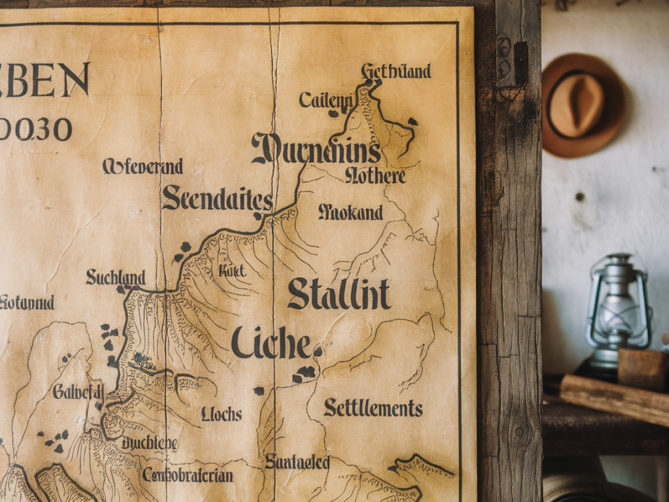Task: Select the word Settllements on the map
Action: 373,409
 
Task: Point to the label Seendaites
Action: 217,197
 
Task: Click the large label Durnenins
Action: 316,150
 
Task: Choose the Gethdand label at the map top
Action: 396,71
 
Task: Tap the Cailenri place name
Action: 326,100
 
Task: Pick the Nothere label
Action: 375,175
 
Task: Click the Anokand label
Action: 350,212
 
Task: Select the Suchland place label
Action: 115,277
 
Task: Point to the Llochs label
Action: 221,414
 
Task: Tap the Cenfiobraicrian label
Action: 188,475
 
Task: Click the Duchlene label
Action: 149,443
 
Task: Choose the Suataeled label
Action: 297,462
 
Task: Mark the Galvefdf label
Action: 78,391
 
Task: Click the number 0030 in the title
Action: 36,129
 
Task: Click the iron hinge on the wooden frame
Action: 521,62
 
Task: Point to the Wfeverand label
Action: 142,166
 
